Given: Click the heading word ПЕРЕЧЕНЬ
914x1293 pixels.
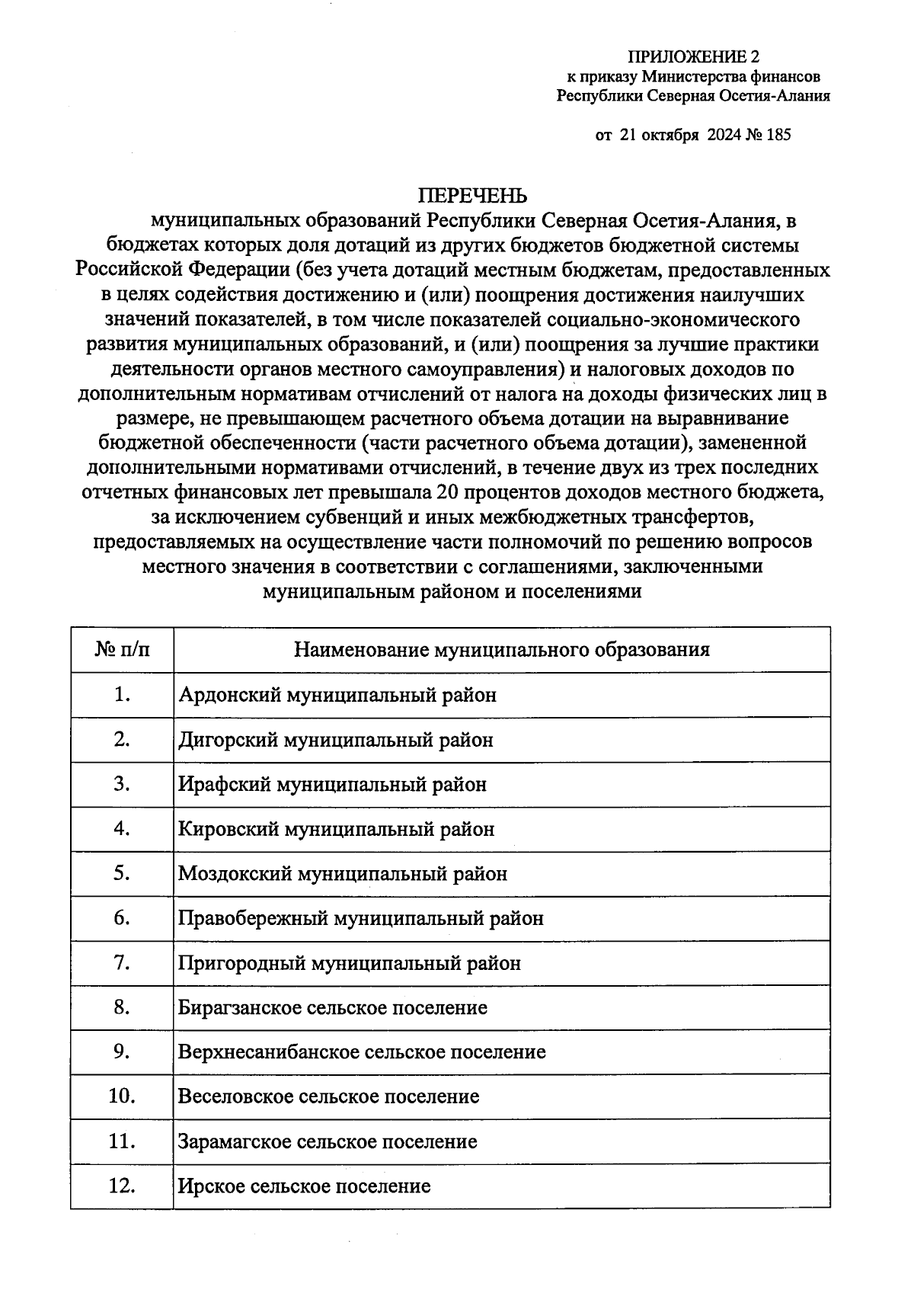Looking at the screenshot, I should pyautogui.click(x=472, y=197).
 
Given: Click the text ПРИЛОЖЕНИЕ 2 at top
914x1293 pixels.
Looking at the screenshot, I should pyautogui.click(x=693, y=57).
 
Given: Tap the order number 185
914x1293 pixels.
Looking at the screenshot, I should pyautogui.click(x=779, y=135).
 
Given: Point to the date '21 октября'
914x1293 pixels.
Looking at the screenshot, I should pyautogui.click(x=660, y=135).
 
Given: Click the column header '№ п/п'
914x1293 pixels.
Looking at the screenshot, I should pyautogui.click(x=122, y=649).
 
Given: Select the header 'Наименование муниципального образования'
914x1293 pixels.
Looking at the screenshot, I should pyautogui.click(x=501, y=649).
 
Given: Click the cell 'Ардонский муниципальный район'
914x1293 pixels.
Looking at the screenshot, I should pyautogui.click(x=337, y=695).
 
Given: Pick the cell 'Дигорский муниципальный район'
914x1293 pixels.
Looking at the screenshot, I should pyautogui.click(x=335, y=739).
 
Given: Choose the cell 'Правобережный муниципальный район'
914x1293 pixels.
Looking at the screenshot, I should pyautogui.click(x=360, y=918).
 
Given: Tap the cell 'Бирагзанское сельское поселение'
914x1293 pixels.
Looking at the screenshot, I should pyautogui.click(x=332, y=1007).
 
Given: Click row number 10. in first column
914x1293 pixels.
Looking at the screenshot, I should pyautogui.click(x=122, y=1096).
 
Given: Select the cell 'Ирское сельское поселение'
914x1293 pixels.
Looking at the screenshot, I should pyautogui.click(x=304, y=1186).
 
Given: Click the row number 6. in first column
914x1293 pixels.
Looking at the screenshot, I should pyautogui.click(x=122, y=918).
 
